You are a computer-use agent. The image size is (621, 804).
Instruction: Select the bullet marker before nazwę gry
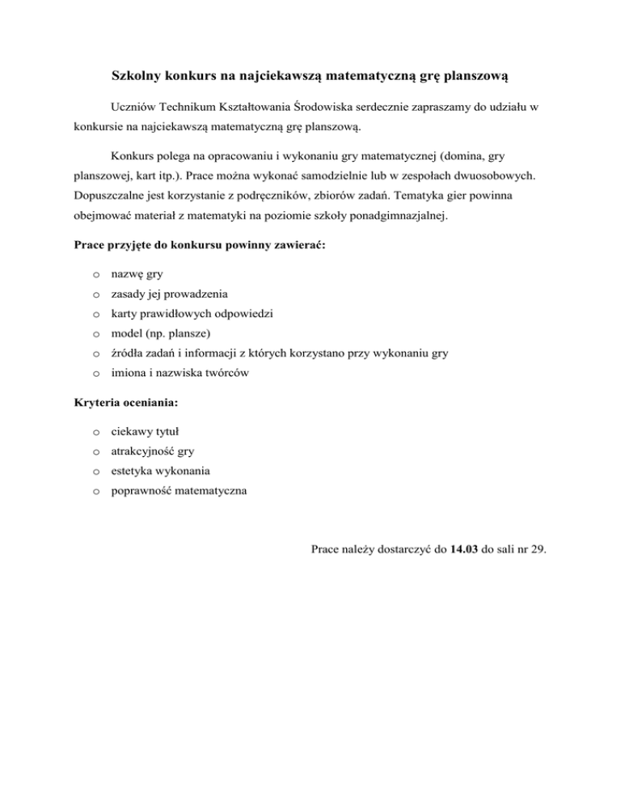click(x=95, y=275)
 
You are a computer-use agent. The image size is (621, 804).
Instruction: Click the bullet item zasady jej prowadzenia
click(x=169, y=294)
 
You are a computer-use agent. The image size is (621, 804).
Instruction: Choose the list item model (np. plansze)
click(x=161, y=333)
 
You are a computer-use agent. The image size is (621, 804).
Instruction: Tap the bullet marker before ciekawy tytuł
click(x=95, y=432)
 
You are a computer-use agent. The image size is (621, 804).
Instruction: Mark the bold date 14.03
click(x=466, y=550)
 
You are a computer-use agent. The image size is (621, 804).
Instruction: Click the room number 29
click(x=535, y=550)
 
